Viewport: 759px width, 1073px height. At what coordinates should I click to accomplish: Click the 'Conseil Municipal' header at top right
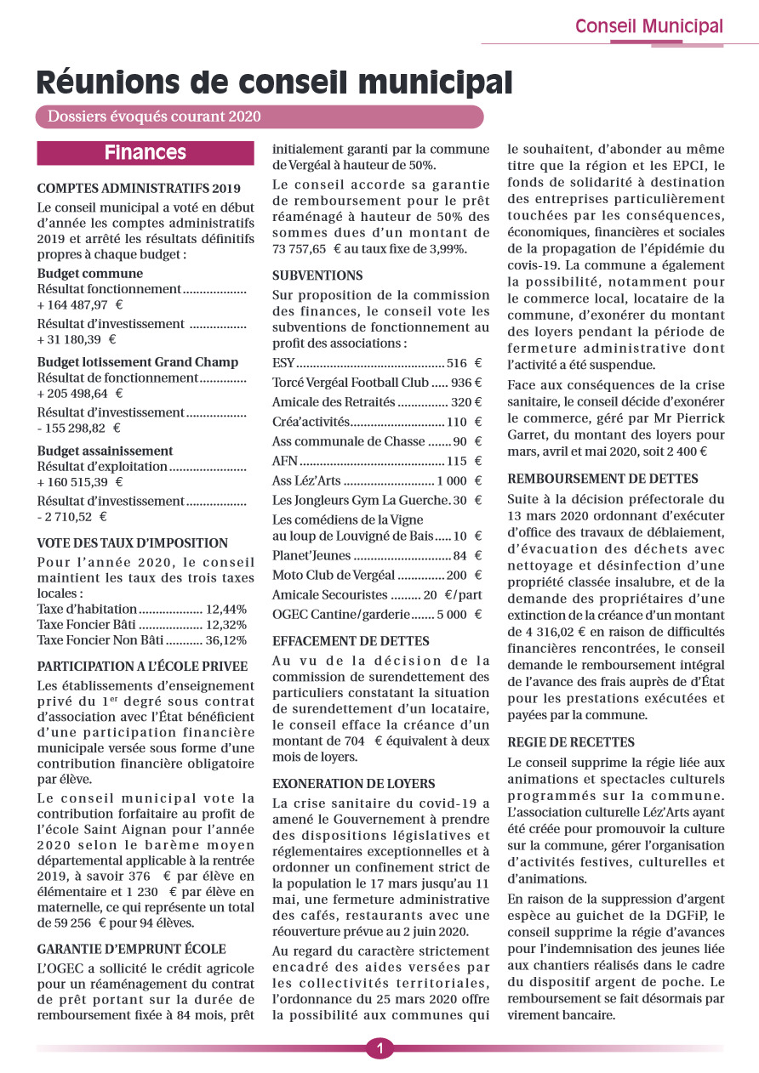[x=648, y=26]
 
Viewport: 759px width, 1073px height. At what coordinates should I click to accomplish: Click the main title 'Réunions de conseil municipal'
[x=274, y=82]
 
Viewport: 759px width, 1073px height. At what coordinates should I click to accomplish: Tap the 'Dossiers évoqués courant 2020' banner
[x=155, y=116]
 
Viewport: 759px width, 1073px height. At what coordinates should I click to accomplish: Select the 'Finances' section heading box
[x=146, y=153]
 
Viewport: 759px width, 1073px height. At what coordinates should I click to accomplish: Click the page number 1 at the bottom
[x=379, y=1048]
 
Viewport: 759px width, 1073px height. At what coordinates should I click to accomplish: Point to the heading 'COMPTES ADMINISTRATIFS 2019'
[x=139, y=189]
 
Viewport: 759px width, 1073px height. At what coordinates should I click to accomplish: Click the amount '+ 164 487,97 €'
[x=80, y=304]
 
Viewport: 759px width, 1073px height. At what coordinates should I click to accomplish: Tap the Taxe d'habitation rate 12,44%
[x=226, y=609]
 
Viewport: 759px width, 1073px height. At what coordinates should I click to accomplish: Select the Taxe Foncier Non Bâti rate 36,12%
[x=225, y=640]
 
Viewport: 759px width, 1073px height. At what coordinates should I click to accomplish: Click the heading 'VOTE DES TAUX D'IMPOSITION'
[x=133, y=543]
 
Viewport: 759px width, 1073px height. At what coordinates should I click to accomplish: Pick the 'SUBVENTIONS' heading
[x=317, y=275]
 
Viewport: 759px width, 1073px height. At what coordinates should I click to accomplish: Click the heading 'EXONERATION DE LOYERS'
[x=353, y=783]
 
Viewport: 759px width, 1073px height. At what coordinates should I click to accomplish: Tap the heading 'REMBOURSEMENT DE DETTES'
[x=602, y=479]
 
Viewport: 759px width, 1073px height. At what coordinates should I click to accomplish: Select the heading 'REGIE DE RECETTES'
[x=570, y=742]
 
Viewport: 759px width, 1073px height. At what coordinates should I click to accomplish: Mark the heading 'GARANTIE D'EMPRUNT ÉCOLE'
[x=132, y=949]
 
